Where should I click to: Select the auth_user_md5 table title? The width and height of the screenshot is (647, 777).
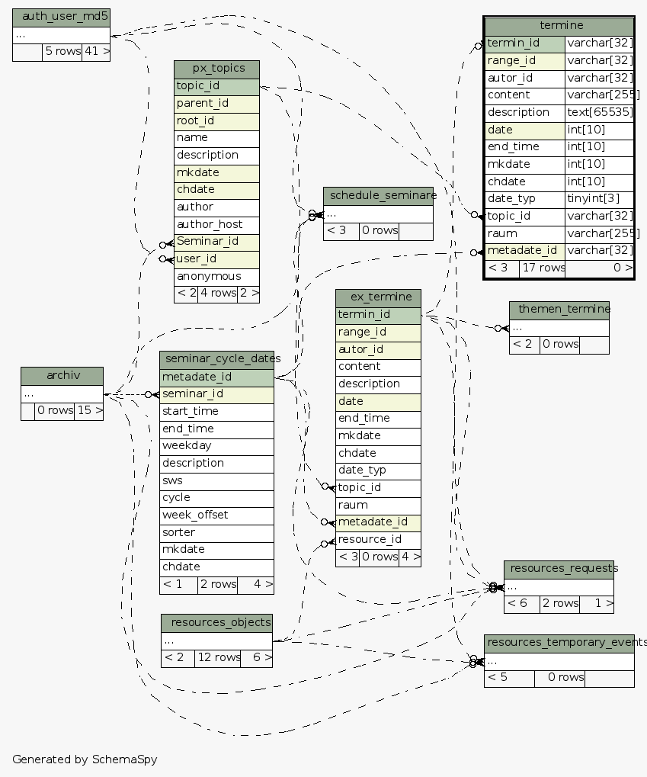(61, 16)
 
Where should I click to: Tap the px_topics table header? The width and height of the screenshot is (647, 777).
(216, 69)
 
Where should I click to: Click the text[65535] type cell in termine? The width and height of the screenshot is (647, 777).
(600, 112)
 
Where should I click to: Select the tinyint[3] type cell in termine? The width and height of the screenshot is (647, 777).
(600, 198)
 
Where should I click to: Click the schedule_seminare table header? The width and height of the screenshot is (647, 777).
(378, 195)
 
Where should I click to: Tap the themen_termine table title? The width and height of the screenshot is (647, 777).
(559, 309)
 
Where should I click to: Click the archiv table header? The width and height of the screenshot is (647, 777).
(62, 375)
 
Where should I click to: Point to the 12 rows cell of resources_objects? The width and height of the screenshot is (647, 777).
(217, 657)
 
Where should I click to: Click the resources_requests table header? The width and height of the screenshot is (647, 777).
(559, 569)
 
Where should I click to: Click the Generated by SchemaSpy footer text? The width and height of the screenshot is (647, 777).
(85, 759)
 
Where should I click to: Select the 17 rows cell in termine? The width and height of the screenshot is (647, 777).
(543, 268)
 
